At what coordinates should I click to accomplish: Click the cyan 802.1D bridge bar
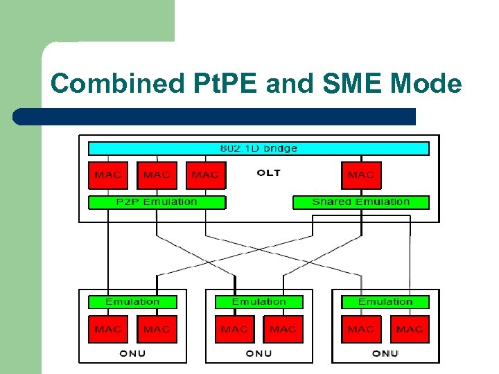259,148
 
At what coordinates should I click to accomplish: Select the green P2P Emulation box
157,202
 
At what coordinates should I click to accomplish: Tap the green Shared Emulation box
361,202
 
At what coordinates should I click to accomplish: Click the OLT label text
268,172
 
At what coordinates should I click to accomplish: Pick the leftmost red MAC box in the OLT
108,175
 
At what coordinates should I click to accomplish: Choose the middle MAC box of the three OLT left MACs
157,175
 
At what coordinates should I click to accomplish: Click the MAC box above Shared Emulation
361,175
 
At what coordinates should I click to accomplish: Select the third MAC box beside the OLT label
205,175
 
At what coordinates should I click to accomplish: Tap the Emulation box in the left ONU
132,302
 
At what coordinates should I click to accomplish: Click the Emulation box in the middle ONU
259,302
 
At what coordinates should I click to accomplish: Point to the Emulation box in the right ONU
385,302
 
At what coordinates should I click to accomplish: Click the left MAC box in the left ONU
108,329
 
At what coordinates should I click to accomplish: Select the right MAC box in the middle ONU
283,329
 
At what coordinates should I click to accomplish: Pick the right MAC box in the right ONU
410,329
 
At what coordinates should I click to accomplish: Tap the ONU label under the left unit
132,353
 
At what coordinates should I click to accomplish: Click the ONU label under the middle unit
259,353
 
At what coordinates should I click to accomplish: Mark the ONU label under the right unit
385,353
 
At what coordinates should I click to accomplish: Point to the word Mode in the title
426,84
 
